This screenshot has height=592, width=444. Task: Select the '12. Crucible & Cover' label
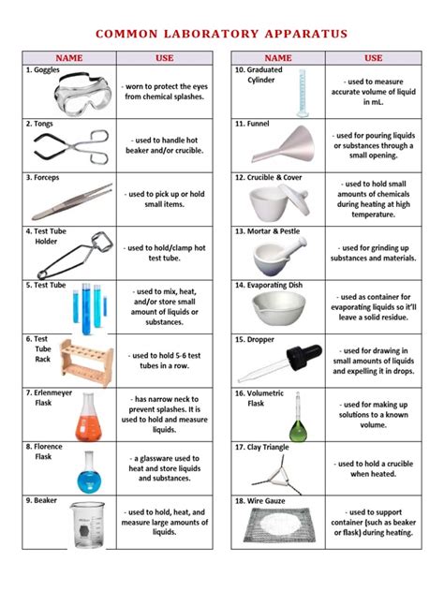[273, 176]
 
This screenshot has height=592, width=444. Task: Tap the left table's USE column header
[164, 58]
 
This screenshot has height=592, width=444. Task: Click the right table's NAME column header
[278, 58]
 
